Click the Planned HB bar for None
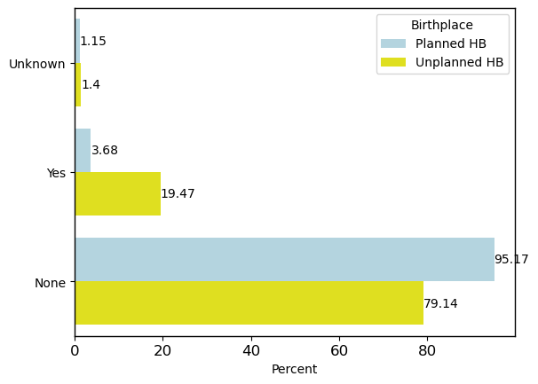coord(284,259)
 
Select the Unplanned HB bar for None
coord(249,303)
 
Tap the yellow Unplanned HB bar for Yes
coord(117,193)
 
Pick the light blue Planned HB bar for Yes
coord(83,150)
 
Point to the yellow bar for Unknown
coord(78,85)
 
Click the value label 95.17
coord(511,260)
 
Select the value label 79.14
coord(440,303)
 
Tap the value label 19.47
coord(178,194)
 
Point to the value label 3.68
coord(105,151)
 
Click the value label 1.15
coord(93,42)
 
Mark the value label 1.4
coord(91,85)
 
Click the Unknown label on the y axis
coord(37,64)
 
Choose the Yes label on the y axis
coord(57,173)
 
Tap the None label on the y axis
coord(50,283)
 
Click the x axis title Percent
coord(294,370)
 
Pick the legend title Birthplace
coord(441,26)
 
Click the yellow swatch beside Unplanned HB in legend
coord(393,62)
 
